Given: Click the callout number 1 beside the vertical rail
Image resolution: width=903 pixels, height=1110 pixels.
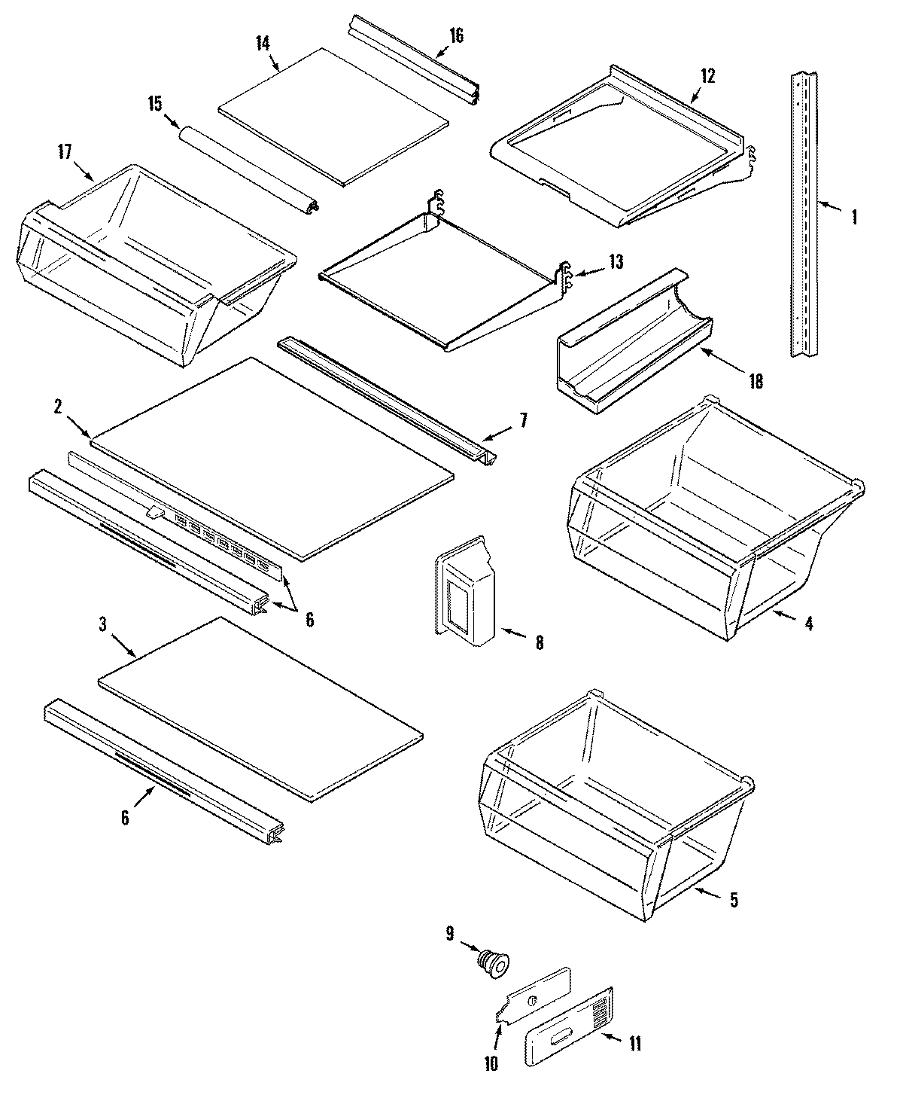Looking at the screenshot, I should (853, 218).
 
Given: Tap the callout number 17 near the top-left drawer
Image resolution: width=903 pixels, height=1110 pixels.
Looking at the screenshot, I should (64, 151).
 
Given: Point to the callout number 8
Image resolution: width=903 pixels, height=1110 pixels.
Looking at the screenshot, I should (539, 642).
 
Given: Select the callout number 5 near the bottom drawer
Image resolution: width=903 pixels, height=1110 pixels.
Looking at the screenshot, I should (734, 899).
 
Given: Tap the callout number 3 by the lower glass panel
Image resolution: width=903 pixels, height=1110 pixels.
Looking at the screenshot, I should (102, 624).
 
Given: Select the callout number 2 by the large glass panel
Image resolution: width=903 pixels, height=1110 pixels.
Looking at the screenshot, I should (58, 407).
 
